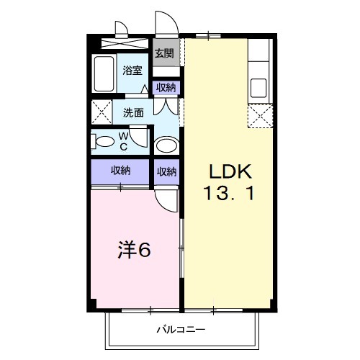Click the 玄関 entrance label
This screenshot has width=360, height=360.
coord(165,53)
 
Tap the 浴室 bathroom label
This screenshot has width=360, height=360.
coord(132,71)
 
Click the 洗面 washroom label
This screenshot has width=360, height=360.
coord(133,112)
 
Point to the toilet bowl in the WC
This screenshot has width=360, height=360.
coord(104,141)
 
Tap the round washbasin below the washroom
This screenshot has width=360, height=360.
coord(167,146)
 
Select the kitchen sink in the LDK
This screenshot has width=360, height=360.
coord(258,91)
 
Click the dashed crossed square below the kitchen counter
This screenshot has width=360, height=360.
coord(258,115)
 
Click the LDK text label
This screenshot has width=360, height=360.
coord(230,172)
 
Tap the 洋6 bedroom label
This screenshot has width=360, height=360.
coord(135,251)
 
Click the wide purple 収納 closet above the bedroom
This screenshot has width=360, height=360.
coord(120,171)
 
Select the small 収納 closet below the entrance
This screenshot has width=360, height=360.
coord(166,88)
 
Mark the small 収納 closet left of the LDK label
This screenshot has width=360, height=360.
coord(166,171)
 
